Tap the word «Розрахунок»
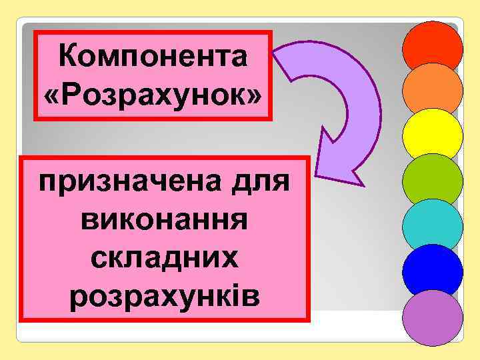[x=153, y=95]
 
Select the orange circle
[x=433, y=91]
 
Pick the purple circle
[x=433, y=317]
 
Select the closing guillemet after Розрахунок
[x=255, y=95]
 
